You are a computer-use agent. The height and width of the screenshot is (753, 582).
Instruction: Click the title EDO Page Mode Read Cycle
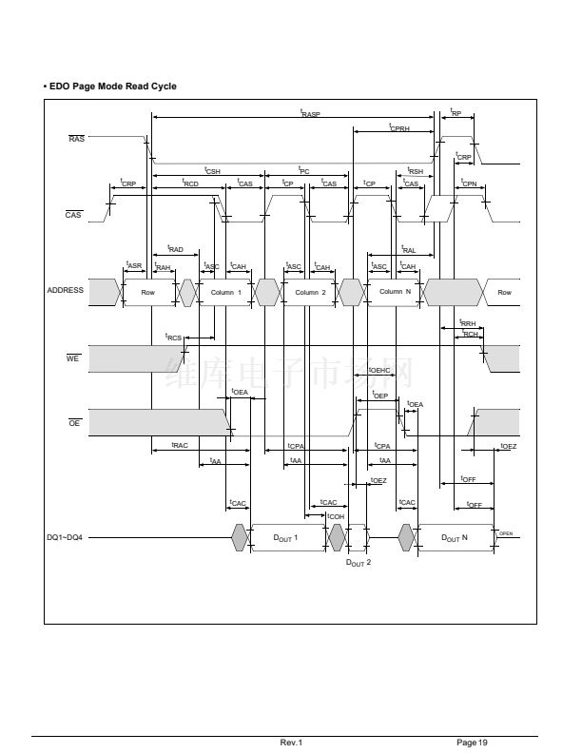click(x=111, y=87)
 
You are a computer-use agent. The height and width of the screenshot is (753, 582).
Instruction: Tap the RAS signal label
click(x=76, y=139)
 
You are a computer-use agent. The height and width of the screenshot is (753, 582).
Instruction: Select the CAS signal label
click(x=73, y=216)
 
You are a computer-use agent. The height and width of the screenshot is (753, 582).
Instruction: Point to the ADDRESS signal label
click(x=66, y=291)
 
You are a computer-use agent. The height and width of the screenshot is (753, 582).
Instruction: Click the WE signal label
click(x=72, y=359)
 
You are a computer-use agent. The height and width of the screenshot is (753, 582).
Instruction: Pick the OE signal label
click(x=74, y=422)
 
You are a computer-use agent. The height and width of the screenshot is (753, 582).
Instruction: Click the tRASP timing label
click(x=310, y=113)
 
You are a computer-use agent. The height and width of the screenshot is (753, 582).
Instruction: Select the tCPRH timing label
click(x=399, y=126)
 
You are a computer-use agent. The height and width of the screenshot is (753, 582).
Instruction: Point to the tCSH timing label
click(x=213, y=169)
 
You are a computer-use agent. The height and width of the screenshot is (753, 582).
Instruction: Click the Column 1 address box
click(x=226, y=293)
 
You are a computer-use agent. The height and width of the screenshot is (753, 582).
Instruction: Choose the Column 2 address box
click(x=310, y=293)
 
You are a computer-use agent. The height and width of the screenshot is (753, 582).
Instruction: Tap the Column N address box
click(x=395, y=292)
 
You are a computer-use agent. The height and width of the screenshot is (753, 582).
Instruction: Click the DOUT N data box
click(x=455, y=538)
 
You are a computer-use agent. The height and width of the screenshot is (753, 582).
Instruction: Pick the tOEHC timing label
click(x=379, y=370)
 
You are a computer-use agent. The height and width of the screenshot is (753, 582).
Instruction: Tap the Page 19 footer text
click(x=472, y=742)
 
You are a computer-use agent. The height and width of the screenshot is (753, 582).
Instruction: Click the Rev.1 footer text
click(x=291, y=742)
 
